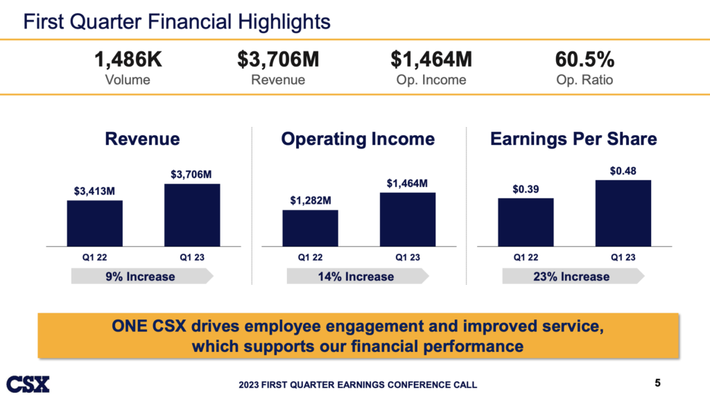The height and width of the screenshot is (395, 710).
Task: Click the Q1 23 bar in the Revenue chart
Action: [x=192, y=215]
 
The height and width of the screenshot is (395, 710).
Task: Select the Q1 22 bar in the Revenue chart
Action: [x=94, y=223]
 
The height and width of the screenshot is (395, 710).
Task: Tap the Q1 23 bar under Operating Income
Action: [x=407, y=219]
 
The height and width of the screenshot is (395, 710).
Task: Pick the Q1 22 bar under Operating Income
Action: [x=310, y=228]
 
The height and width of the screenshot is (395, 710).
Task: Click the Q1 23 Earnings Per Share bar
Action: [x=623, y=213]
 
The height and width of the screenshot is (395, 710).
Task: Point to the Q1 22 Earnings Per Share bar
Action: [x=526, y=222]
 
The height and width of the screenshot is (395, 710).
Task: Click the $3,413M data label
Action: [x=94, y=191]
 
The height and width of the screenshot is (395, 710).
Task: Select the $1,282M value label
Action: [x=310, y=200]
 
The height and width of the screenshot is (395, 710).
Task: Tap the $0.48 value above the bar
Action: [x=623, y=170]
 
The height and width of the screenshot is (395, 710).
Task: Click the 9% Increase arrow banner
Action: [x=141, y=276]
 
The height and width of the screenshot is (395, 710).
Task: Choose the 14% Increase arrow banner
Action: [x=357, y=276]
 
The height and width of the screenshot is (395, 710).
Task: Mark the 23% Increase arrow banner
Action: [x=573, y=276]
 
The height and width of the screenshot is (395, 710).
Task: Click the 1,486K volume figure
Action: [x=128, y=60]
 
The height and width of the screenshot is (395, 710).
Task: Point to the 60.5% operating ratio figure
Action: [x=585, y=60]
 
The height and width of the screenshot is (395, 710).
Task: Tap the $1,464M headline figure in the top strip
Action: [x=431, y=60]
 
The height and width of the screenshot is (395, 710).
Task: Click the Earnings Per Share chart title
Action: [x=573, y=139]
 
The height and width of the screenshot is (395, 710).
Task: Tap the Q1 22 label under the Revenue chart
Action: [x=94, y=257]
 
